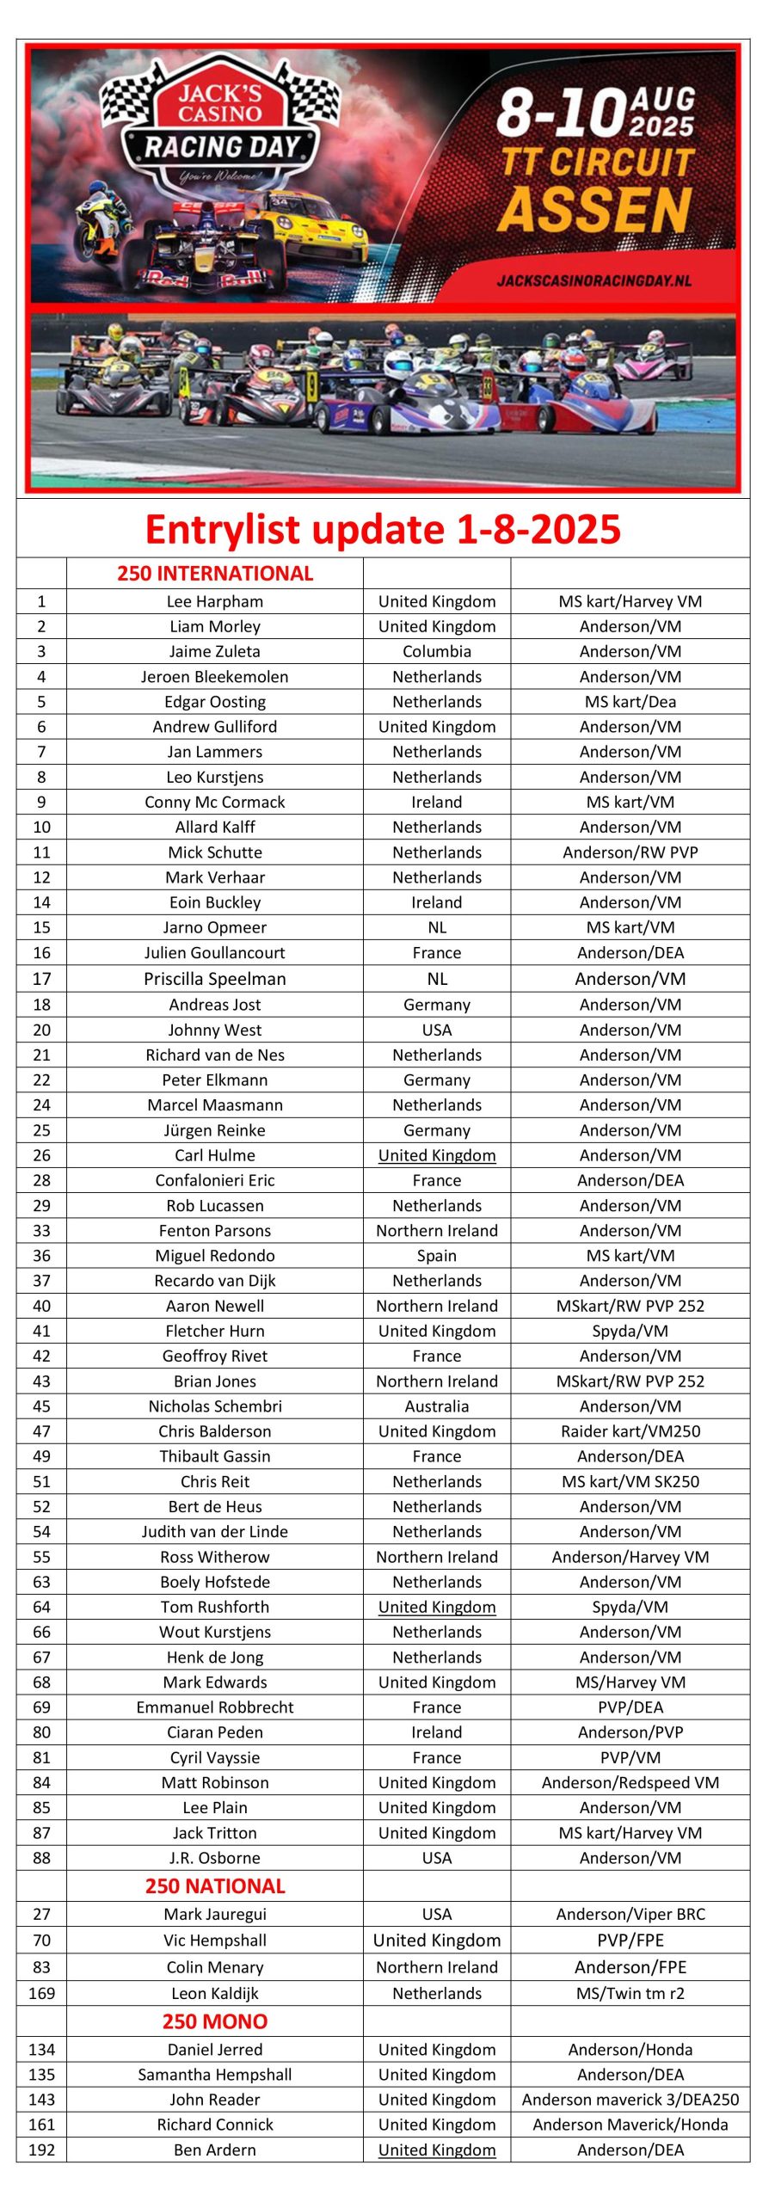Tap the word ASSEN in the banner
click(x=594, y=210)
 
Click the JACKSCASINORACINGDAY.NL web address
click(x=593, y=280)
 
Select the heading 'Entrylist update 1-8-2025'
click(x=383, y=529)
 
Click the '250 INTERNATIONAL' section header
click(x=215, y=574)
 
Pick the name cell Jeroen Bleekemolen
click(x=215, y=677)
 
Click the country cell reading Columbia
click(x=437, y=651)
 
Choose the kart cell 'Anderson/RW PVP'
click(x=630, y=852)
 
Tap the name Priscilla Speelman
click(x=215, y=979)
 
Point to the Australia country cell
click(x=437, y=1406)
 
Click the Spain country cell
click(x=437, y=1256)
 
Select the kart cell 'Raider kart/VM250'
click(x=630, y=1431)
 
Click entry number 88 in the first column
click(x=41, y=1858)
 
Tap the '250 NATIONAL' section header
click(x=215, y=1886)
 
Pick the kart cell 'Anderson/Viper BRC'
click(x=630, y=1914)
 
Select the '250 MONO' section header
click(x=215, y=2021)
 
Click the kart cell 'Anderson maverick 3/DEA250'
click(x=630, y=2100)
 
